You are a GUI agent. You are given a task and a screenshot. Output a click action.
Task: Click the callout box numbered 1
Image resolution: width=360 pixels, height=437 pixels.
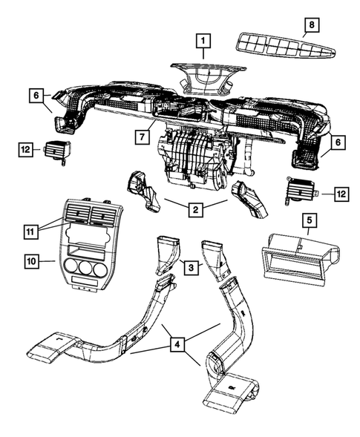click(203, 41)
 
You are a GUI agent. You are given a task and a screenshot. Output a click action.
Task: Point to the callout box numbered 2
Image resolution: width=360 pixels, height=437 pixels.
click(194, 210)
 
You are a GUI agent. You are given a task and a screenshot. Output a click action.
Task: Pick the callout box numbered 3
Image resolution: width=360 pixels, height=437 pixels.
click(191, 266)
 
